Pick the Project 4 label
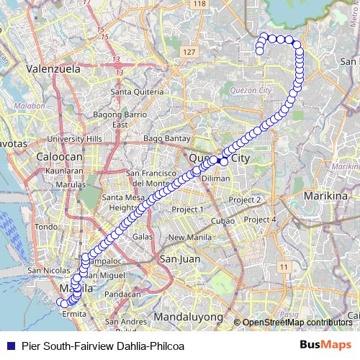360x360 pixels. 260,219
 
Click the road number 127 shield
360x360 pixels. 189,53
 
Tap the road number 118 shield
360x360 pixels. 199,4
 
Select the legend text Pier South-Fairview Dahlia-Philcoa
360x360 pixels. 103,346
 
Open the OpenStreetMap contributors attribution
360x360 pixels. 297,322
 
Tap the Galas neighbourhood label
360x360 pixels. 142,236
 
